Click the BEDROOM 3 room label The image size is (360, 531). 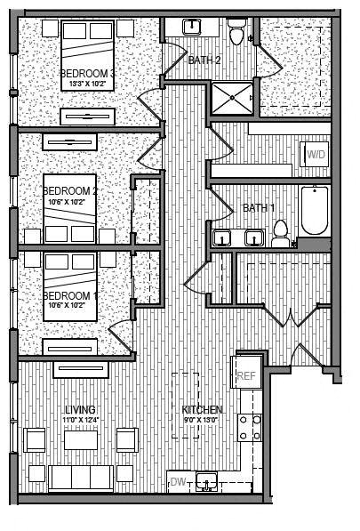pos(87,73)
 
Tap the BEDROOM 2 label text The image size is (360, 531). pos(70,190)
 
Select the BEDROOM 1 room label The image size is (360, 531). pos(69,295)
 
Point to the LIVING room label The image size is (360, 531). pos(79,410)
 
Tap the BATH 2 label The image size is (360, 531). pos(204,60)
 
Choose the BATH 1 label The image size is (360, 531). pos(259,208)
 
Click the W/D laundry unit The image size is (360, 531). pos(316,155)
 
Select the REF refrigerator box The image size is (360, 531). pos(246,375)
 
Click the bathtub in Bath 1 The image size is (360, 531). pos(314,210)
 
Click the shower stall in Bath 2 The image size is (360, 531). pos(231,98)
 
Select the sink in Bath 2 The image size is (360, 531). pos(191,28)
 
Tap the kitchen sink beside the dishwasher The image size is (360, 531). pos(207,482)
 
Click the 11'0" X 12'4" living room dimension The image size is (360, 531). pos(79,420)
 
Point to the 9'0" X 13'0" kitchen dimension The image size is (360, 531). pos(200,420)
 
